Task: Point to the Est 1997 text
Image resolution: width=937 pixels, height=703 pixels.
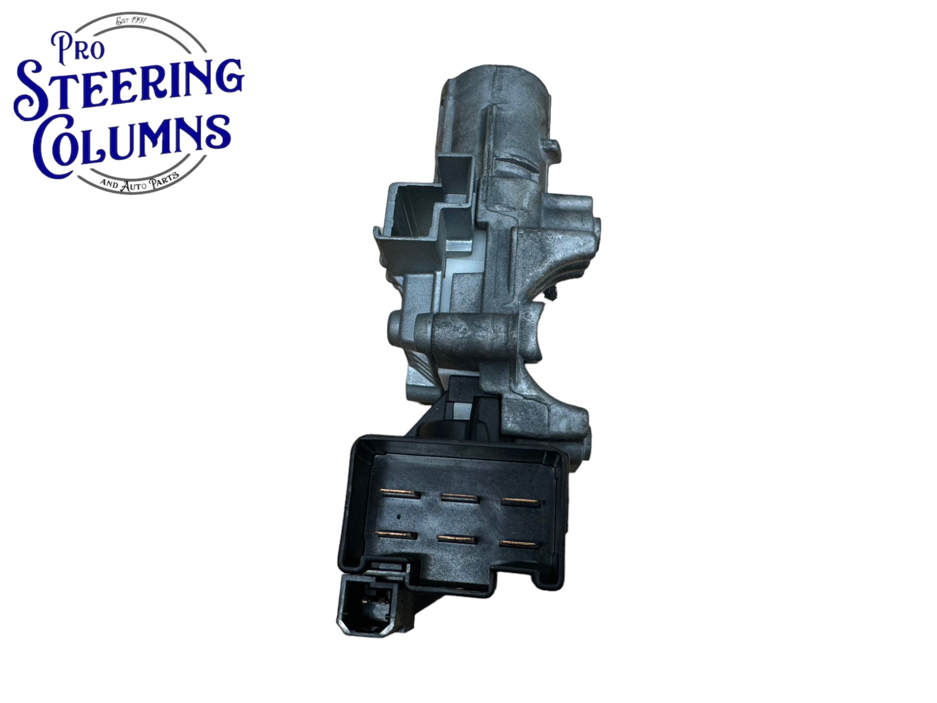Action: tap(131, 21)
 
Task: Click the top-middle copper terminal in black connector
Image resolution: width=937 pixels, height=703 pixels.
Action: tap(458, 497)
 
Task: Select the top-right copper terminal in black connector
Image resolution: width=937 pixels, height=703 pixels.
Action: tap(521, 501)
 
